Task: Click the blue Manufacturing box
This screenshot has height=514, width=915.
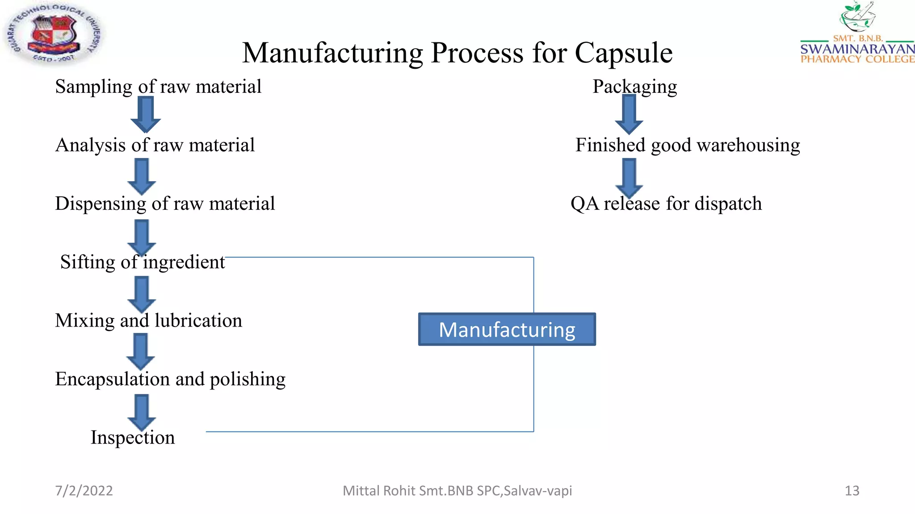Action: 507,329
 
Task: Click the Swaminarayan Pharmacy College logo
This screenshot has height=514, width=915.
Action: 857,33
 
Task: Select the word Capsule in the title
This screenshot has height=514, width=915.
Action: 623,53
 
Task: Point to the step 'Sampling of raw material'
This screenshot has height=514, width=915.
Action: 158,87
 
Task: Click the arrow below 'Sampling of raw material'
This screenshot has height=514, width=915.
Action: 146,114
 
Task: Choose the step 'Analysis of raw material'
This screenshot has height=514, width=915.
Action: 155,145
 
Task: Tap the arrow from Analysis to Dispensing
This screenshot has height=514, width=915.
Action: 142,177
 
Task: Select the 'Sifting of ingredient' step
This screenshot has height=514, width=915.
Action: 143,262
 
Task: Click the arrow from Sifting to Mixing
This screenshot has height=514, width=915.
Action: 142,294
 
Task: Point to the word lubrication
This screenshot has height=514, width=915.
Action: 198,321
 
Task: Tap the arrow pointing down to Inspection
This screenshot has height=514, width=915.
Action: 142,412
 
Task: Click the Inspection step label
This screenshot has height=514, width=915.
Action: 133,438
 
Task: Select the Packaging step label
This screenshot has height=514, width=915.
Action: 634,87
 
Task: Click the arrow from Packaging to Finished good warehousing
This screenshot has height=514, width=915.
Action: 629,114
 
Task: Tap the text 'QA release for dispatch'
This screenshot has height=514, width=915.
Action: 666,204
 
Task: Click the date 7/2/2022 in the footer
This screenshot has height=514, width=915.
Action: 84,491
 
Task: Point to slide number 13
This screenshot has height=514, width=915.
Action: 852,491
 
